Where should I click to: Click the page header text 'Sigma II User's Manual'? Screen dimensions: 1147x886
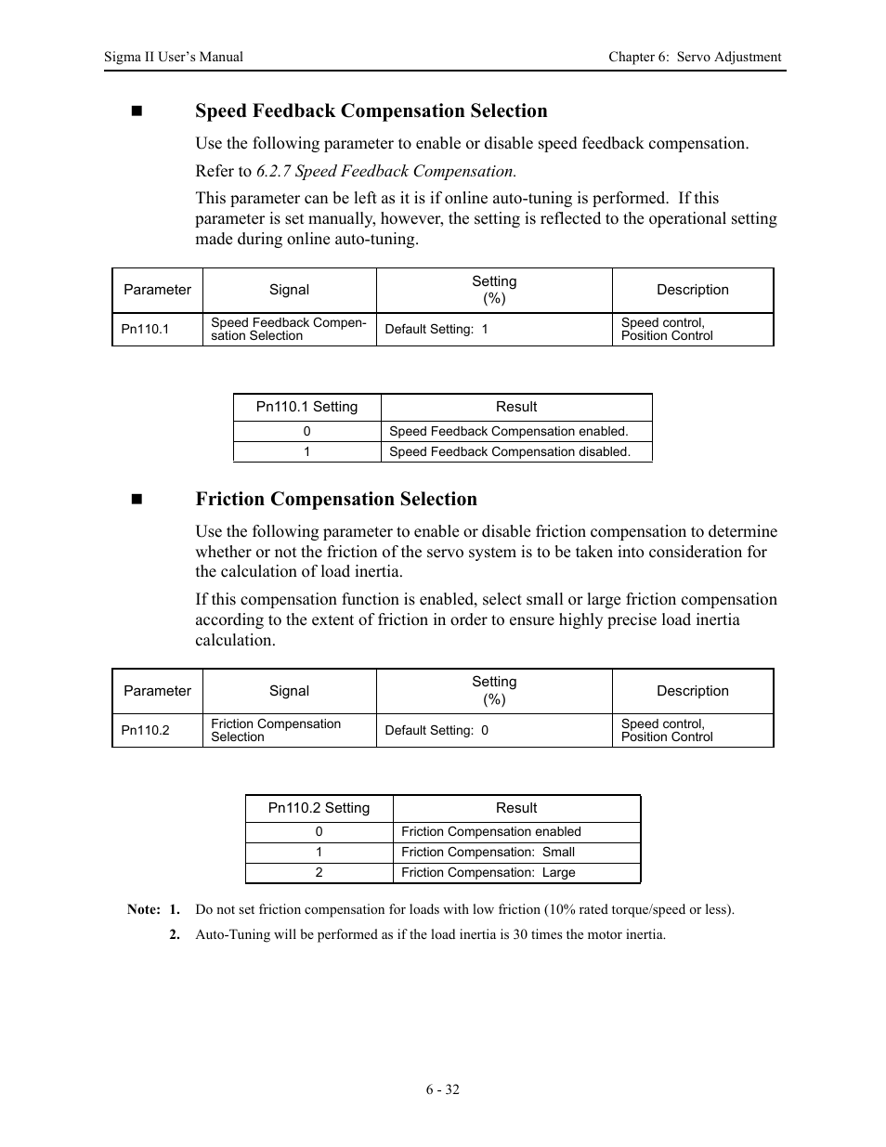pos(174,57)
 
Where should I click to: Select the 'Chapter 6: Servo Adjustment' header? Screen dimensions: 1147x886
pos(695,57)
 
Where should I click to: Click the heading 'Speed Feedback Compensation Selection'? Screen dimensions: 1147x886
pos(371,111)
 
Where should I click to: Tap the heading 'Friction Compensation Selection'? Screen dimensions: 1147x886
pos(335,500)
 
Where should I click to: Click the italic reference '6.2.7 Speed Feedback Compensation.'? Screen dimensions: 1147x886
pos(385,171)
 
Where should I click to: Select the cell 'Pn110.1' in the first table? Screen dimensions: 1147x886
pos(145,330)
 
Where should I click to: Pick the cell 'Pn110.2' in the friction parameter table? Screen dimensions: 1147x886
pos(145,731)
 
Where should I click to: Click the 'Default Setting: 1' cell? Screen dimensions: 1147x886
pos(436,330)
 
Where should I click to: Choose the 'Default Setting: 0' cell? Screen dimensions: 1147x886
pos(436,731)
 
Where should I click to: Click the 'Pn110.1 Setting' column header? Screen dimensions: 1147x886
pos(306,408)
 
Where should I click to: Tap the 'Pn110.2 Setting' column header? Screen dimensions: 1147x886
pos(319,809)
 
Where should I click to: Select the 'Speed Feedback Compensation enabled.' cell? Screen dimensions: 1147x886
pos(508,432)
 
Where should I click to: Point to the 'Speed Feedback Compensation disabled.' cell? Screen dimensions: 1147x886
pos(509,452)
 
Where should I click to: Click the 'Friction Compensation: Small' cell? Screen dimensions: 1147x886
pos(488,853)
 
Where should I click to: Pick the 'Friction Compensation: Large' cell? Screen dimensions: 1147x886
pos(488,873)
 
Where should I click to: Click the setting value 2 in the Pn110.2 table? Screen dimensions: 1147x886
pos(319,873)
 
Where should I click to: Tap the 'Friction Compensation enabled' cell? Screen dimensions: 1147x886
pos(490,832)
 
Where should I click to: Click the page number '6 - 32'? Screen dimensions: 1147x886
pos(443,1089)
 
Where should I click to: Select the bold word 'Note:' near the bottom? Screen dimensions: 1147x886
pos(143,910)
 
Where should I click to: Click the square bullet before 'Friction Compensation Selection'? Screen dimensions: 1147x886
pos(137,500)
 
